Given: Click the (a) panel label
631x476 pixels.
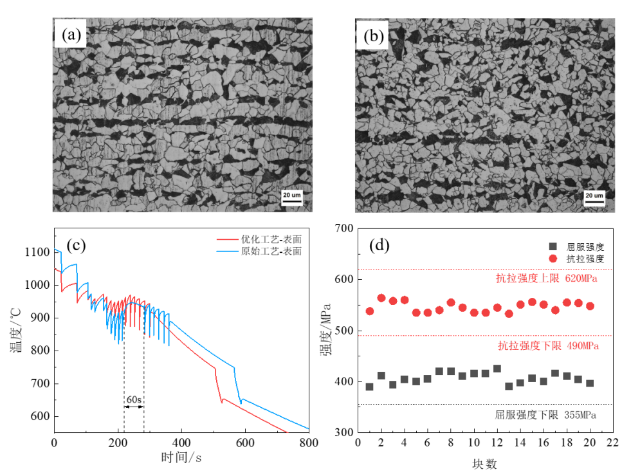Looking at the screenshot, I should click(x=71, y=36).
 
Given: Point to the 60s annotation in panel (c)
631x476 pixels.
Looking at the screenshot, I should click(x=134, y=399).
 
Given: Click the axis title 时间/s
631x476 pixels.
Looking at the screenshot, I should click(x=182, y=457).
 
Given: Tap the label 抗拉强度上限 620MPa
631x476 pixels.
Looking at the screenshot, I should click(x=547, y=279).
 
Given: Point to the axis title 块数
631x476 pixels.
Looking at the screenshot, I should click(x=486, y=462).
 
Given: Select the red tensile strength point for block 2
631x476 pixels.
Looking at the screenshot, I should click(x=381, y=298).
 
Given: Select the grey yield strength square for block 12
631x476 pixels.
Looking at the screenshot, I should click(x=497, y=369).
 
